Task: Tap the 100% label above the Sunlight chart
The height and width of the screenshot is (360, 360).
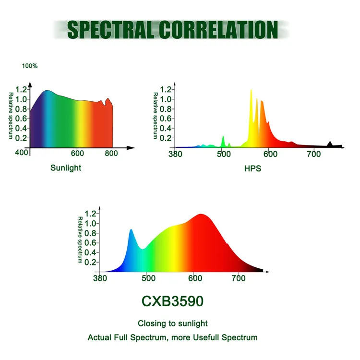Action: click(30, 66)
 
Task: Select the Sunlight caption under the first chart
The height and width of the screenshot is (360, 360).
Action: click(66, 168)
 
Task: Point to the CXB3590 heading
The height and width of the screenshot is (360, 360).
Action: click(173, 301)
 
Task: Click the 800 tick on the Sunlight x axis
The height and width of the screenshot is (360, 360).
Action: click(111, 154)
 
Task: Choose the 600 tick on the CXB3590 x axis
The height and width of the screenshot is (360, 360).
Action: click(194, 278)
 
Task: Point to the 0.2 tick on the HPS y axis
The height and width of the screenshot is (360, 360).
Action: click(166, 138)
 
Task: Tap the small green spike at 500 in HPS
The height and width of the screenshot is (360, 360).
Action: click(223, 140)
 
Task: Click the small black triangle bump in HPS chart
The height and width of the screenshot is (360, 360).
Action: click(330, 144)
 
